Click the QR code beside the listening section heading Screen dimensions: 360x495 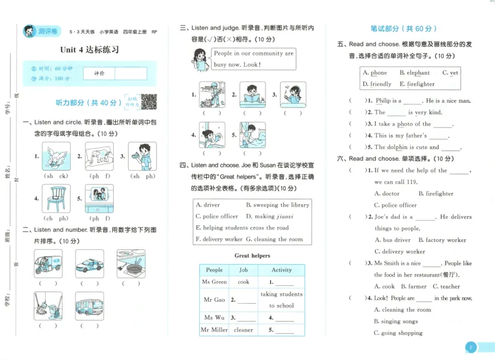pos(148,101)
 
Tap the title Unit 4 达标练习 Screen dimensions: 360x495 pos(89,49)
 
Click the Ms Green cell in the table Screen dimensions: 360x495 pos(214,281)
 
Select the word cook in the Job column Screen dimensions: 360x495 pos(244,281)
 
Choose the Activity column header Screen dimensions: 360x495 pos(282,270)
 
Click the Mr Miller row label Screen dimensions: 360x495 pos(214,330)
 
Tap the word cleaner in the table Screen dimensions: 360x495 pos(244,330)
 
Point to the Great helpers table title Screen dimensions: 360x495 pos(252,255)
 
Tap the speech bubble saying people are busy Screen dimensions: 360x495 pos(252,59)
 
